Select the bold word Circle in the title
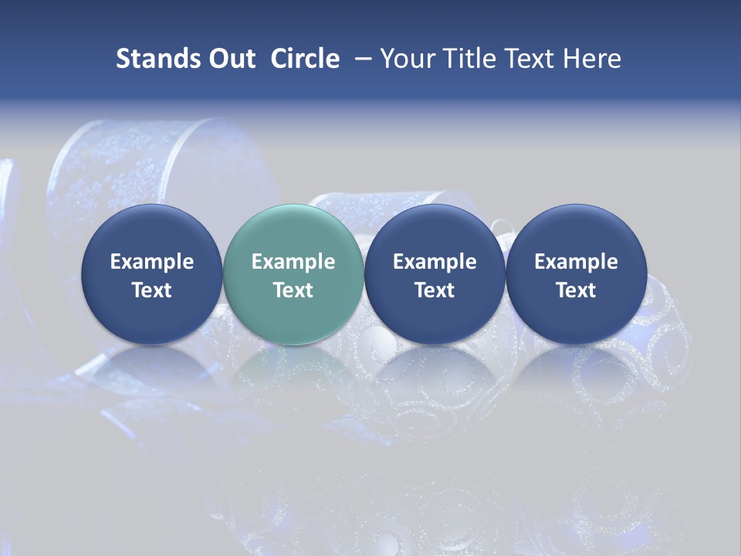[305, 59]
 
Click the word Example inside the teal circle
[293, 262]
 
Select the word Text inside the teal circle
[293, 290]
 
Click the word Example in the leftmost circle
[151, 262]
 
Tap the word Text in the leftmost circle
[151, 290]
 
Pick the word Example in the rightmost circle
[576, 262]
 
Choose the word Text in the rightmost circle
[576, 290]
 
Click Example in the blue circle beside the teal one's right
[435, 262]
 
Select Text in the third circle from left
[435, 290]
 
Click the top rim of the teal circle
[293, 207]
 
